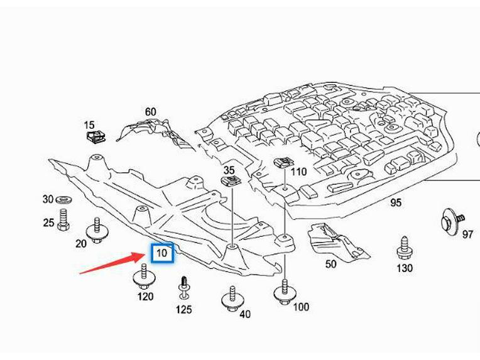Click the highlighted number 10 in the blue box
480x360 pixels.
click(161, 253)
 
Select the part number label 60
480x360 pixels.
click(150, 112)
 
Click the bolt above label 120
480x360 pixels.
click(143, 276)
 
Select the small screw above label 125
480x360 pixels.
click(183, 286)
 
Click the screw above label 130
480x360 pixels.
click(404, 249)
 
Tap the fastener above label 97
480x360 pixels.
click(450, 219)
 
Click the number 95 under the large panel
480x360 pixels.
click(395, 202)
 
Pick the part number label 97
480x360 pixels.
click(467, 234)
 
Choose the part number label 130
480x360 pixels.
click(405, 268)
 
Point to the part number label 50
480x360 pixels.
click(330, 264)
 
